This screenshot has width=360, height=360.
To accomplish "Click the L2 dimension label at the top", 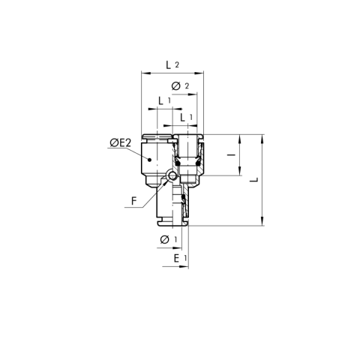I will click(x=172, y=65).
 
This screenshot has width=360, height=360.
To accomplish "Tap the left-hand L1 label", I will click(x=163, y=100).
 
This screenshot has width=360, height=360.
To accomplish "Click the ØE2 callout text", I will click(x=122, y=142).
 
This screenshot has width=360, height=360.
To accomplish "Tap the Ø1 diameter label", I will click(x=167, y=240).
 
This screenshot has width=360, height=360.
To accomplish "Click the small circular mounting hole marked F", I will click(x=172, y=176).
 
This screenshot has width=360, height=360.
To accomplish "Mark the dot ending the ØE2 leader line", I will click(x=150, y=160).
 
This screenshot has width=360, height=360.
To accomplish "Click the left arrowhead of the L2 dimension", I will click(x=143, y=73).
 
